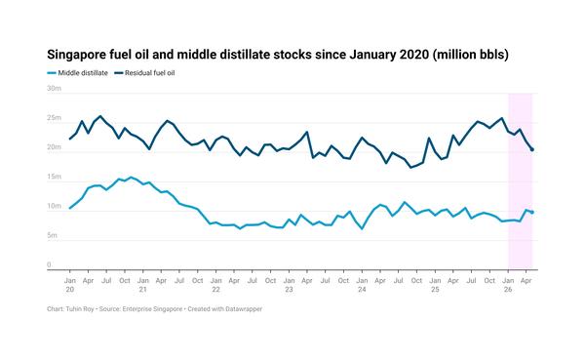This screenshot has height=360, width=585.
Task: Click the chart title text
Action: pos(278,55)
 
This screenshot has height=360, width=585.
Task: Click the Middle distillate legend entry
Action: pos(78,73)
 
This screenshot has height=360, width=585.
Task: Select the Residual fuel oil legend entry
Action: pos(144,73)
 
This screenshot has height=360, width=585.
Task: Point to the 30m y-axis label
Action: pos(54,89)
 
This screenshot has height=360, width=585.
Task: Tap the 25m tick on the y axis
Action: pos(54,118)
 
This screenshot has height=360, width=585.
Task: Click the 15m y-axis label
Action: pos(54,177)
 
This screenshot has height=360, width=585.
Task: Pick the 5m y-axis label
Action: pos(52,235)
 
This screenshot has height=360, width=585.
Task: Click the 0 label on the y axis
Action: pos(49,264)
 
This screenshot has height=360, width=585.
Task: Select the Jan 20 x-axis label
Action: pos(70,285)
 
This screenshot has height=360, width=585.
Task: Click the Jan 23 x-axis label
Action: pos(290,285)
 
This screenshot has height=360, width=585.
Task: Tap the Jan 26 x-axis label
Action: pos(508,285)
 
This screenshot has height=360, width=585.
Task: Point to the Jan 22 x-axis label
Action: pos(216,285)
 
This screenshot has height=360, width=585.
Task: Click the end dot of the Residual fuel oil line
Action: pos(532,149)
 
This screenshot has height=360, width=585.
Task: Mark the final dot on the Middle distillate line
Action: pos(532,212)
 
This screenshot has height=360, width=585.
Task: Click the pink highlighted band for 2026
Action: pos(520,181)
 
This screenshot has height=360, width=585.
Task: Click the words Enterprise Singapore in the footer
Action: pos(152,309)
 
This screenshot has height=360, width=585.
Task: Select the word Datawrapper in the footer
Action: pos(244,309)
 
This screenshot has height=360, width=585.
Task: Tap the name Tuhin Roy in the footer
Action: pos(80,309)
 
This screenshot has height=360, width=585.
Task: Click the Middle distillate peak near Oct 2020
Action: pos(131,178)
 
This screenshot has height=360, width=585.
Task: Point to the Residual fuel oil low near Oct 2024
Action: pos(410,167)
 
